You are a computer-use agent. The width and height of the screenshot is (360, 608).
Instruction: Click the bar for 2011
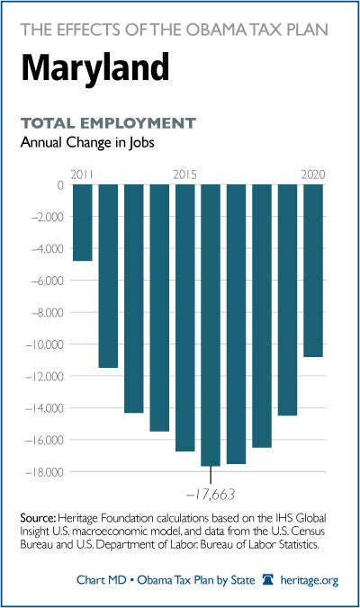(83, 222)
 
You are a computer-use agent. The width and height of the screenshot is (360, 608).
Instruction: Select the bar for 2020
(313, 271)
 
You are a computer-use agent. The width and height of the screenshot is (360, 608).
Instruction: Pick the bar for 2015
(185, 318)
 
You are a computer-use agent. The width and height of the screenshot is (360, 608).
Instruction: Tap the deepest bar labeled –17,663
(211, 326)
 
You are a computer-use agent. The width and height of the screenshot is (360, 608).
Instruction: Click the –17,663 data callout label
(211, 495)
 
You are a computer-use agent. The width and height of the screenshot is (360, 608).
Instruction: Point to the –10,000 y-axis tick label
(44, 344)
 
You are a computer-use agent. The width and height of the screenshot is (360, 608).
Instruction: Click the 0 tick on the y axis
(60, 185)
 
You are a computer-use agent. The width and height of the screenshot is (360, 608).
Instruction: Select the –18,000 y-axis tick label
(44, 472)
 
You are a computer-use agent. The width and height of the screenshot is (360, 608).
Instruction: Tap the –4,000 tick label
(47, 248)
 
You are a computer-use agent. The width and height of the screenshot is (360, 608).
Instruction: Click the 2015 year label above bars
(185, 174)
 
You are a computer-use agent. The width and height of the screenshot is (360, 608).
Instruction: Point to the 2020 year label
(313, 174)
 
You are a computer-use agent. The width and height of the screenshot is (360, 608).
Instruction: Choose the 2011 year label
(82, 174)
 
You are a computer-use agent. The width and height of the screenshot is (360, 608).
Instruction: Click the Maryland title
(95, 68)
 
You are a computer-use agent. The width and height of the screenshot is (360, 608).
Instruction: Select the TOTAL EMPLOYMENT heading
(108, 123)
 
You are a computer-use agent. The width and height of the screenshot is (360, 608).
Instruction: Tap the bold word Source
(38, 518)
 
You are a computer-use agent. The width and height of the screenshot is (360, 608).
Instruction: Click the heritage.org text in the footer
(310, 580)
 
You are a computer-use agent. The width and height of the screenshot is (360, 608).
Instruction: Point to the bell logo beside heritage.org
(267, 580)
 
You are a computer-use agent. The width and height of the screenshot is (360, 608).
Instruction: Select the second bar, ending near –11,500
(108, 276)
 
